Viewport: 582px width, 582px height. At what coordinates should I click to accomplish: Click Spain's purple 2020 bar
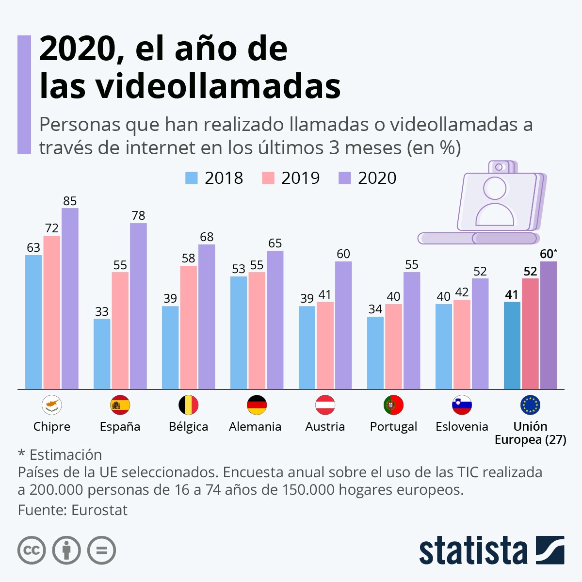click(138, 306)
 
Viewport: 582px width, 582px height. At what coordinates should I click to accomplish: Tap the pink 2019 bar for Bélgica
click(189, 327)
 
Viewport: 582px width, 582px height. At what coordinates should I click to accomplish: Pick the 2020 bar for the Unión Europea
click(549, 325)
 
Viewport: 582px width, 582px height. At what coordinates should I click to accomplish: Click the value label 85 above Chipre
click(70, 201)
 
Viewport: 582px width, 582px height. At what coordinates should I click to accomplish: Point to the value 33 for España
click(102, 311)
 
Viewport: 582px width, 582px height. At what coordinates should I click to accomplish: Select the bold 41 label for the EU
click(512, 294)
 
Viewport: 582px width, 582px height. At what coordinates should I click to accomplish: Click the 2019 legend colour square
click(268, 178)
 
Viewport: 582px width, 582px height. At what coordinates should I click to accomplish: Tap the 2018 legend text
click(224, 178)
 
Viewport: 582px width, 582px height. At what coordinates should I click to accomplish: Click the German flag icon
click(257, 405)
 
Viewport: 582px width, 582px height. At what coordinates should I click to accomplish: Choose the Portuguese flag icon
click(393, 405)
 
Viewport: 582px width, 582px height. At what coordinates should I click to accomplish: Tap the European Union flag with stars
click(530, 405)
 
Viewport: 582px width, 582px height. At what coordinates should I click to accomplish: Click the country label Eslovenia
click(462, 426)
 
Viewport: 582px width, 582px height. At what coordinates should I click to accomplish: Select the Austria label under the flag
click(325, 426)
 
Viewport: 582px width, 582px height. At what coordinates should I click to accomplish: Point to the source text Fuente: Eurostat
click(73, 510)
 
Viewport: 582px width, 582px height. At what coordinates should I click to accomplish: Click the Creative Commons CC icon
click(32, 550)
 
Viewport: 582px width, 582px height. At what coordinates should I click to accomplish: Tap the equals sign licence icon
click(101, 550)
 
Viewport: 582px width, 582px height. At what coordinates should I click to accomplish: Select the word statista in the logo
click(473, 550)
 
